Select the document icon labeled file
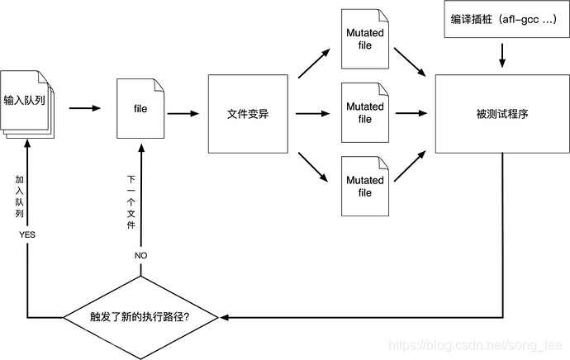(x=140, y=108)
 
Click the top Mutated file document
(x=364, y=38)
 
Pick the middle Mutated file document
(x=364, y=112)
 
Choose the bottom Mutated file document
(x=364, y=186)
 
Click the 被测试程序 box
(x=501, y=114)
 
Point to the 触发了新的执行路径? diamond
(x=143, y=316)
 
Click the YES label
(x=27, y=235)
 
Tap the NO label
(x=140, y=256)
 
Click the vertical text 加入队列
(x=20, y=197)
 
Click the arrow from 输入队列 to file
(x=84, y=107)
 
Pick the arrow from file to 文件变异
(x=184, y=113)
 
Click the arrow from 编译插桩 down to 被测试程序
(x=502, y=56)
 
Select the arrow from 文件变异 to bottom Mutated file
(x=313, y=166)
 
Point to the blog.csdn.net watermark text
(x=475, y=346)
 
